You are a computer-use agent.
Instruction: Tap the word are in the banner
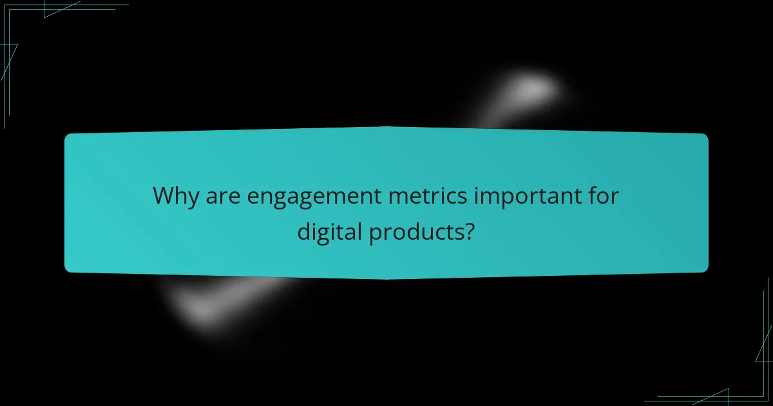click(x=222, y=196)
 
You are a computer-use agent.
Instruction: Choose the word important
click(x=526, y=197)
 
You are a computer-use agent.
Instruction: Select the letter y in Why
click(x=194, y=198)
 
